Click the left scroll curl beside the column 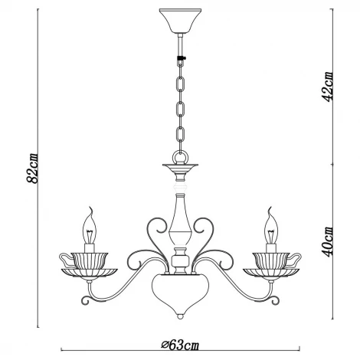[155, 228]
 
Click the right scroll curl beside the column [205, 228]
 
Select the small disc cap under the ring [180, 167]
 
